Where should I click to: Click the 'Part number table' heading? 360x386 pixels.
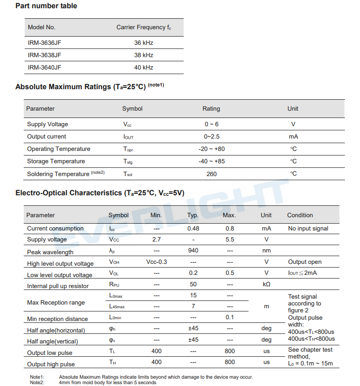coord(46,6)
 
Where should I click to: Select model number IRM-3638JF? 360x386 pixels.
coord(44,55)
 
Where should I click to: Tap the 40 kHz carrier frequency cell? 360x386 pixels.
coord(143,67)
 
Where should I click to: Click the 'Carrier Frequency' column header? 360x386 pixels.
coord(143,27)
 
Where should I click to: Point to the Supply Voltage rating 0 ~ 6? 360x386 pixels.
coord(212,124)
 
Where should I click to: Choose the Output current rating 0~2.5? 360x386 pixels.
coord(212,137)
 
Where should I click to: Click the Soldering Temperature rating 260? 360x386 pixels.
coord(212,174)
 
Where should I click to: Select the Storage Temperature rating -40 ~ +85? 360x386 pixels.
coord(212,161)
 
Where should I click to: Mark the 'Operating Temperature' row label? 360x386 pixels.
coord(58,149)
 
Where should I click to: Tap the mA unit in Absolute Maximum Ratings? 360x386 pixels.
coord(293,137)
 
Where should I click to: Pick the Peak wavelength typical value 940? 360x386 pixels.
coord(193,250)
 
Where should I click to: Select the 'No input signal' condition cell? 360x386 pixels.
coord(308,229)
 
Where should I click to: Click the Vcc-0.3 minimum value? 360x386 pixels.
coord(157,262)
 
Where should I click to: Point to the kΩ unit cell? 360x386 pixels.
coord(266,284)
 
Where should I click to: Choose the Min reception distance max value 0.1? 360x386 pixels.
coord(229,317)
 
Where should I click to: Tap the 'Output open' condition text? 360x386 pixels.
coord(305,262)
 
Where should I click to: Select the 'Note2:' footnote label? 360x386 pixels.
coord(37,382)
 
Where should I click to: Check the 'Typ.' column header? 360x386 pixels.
coord(193,215)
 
